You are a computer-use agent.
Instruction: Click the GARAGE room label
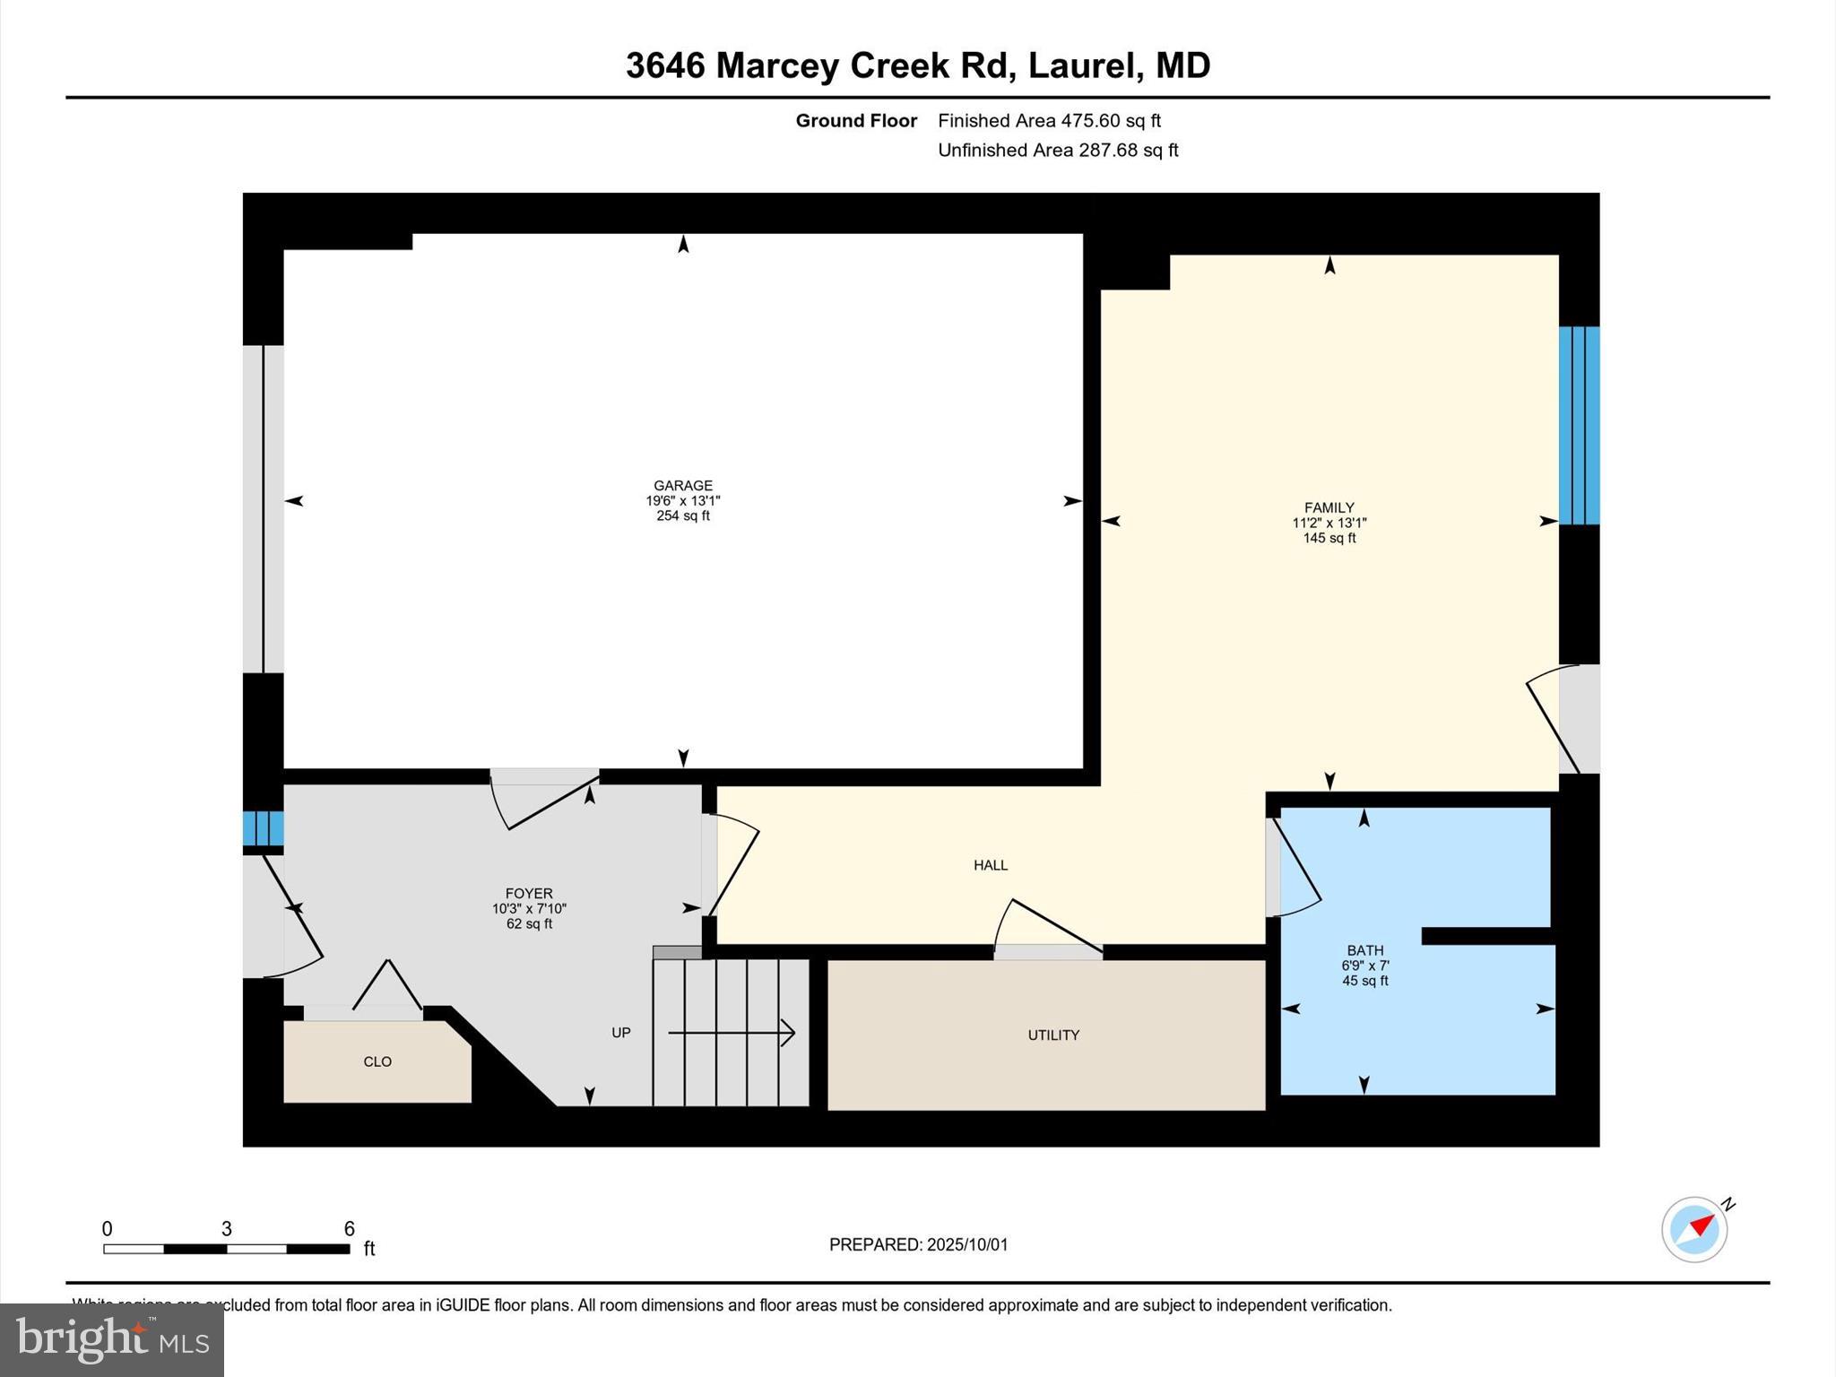682,485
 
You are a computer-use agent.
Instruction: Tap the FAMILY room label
1329,507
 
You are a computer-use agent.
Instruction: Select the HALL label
991,865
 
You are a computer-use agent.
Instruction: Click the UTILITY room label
1053,1035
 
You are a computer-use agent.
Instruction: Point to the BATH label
1364,950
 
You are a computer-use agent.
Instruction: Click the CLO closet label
377,1061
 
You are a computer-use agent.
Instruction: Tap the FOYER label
529,893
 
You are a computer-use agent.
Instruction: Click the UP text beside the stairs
621,1033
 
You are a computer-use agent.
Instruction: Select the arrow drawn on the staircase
732,1033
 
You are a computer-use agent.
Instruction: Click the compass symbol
1694,1229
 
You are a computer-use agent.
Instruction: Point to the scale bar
226,1248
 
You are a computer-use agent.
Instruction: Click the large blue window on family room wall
1579,425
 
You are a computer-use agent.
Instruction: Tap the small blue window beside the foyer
263,828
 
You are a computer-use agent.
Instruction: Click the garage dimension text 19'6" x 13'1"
682,501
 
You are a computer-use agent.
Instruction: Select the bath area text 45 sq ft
1364,981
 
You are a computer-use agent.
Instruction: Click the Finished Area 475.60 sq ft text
1049,120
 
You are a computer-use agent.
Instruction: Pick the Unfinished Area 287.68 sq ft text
1058,150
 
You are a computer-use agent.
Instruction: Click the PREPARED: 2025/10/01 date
918,1244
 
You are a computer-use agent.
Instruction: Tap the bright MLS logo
112,1339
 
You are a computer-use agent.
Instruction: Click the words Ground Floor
856,120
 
